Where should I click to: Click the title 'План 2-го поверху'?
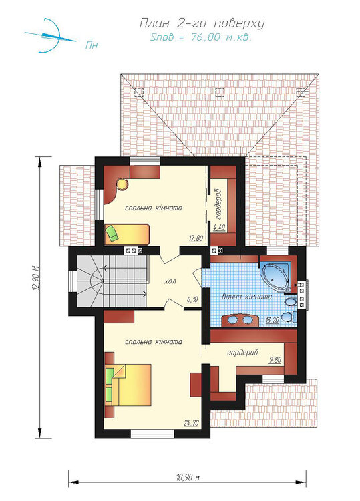click(x=202, y=23)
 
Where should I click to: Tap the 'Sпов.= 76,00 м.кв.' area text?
click(x=200, y=37)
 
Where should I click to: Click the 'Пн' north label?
click(x=92, y=45)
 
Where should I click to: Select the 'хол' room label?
click(x=170, y=281)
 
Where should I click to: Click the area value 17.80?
click(x=196, y=238)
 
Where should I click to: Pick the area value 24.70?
click(x=191, y=423)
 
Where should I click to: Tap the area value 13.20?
click(x=273, y=321)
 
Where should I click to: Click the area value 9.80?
click(x=275, y=361)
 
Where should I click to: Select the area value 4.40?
click(x=220, y=228)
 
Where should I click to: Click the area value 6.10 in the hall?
click(x=192, y=300)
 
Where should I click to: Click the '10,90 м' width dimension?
click(x=188, y=478)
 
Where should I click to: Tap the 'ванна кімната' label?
click(x=247, y=297)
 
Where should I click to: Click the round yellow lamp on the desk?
click(x=122, y=184)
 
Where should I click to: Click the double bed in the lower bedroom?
click(x=128, y=385)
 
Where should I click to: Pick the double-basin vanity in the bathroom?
click(x=240, y=320)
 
